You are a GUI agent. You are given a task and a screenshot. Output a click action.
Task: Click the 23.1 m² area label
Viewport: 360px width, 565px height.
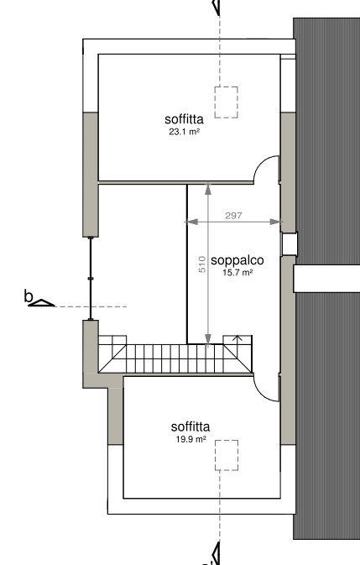[185, 132]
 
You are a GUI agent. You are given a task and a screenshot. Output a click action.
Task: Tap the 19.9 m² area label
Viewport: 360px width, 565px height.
[190, 439]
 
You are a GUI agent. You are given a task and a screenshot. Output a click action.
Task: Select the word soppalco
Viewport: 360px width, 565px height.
[237, 260]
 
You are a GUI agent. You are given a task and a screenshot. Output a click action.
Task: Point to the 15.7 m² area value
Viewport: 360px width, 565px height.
[237, 272]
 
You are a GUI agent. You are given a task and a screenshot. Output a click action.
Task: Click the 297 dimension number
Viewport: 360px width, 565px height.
[233, 216]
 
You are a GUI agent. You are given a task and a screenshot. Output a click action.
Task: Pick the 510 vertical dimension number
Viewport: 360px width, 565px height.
[202, 264]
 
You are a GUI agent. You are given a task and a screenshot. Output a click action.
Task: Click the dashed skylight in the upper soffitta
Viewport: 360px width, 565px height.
[226, 102]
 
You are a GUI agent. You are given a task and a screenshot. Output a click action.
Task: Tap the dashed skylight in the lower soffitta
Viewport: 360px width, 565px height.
[227, 455]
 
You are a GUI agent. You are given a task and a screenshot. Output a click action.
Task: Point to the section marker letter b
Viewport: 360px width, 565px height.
[28, 296]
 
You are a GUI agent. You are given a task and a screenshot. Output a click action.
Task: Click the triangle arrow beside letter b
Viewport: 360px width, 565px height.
[41, 303]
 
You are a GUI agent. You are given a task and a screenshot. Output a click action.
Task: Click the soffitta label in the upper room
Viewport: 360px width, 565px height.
[184, 119]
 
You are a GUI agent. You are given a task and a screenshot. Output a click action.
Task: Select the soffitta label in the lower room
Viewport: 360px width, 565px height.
[190, 426]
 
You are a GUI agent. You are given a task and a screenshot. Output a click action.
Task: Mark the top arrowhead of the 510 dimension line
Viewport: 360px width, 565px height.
[208, 188]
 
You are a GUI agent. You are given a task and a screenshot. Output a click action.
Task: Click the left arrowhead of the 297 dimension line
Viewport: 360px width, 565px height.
[190, 222]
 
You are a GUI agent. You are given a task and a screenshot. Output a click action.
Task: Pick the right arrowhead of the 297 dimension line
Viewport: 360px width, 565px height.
[275, 222]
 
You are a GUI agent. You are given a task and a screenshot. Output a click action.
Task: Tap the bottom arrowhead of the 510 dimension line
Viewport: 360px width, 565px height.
[208, 339]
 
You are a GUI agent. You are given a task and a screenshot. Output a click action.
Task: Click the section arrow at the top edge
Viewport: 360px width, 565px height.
[216, 8]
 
